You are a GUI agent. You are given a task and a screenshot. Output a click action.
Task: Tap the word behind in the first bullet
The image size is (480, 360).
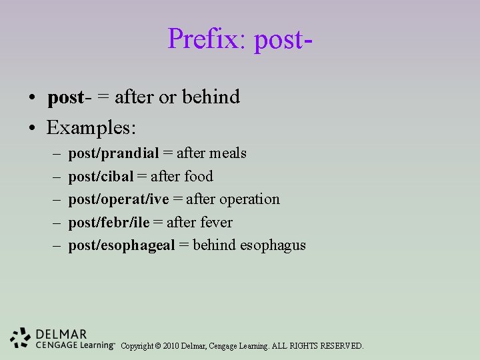pos(210,97)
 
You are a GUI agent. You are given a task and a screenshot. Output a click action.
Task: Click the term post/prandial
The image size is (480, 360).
pos(113,154)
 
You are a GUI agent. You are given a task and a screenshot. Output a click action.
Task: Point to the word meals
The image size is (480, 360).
pos(227,154)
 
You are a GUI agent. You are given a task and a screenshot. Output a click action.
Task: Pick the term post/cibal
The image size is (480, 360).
pos(101,177)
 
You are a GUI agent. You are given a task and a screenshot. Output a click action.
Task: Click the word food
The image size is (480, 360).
pos(199,177)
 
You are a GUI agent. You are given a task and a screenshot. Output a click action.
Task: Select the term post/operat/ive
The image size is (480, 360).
pos(118,199)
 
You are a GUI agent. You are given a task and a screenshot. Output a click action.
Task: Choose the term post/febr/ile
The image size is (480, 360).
pos(108,222)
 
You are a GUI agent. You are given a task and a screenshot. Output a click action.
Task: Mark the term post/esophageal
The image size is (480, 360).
pos(121,245)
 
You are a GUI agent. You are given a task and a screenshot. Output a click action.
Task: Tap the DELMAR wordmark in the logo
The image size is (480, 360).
pos(61,334)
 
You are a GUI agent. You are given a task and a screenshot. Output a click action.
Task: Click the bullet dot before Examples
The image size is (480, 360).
pos(32,127)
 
